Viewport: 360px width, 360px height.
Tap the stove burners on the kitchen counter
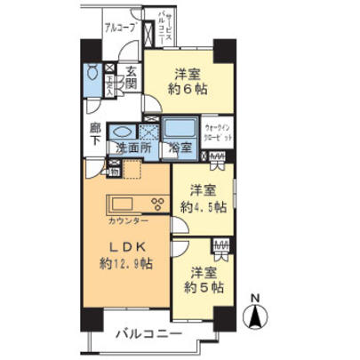pyautogui.click(x=156, y=202)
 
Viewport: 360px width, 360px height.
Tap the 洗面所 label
pyautogui.click(x=132, y=148)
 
